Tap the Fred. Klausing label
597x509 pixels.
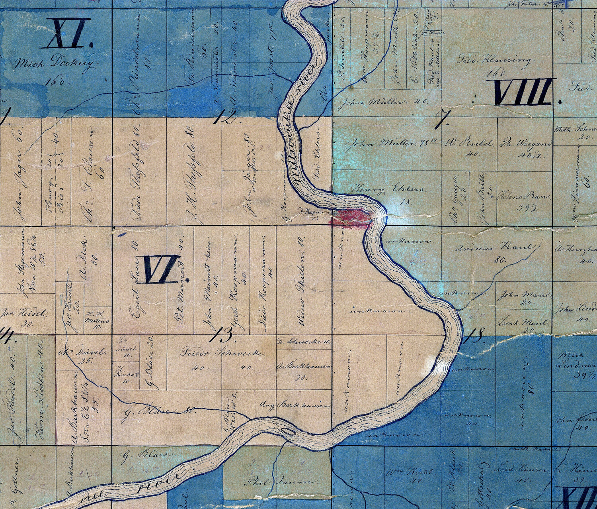coord(494,61)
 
